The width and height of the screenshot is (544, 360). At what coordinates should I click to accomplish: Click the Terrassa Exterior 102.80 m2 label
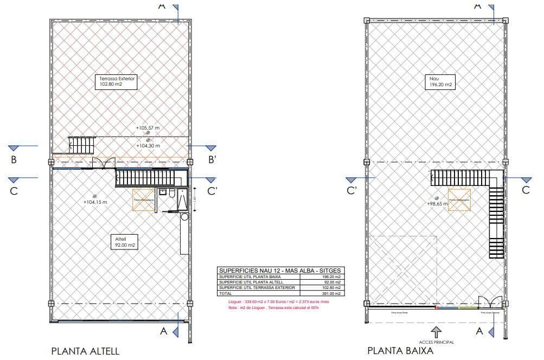[117, 81]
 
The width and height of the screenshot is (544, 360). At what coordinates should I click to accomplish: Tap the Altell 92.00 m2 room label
[124, 241]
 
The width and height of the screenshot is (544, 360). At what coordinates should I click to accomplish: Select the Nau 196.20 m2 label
[439, 81]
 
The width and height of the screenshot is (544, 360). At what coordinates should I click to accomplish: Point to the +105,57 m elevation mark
[148, 128]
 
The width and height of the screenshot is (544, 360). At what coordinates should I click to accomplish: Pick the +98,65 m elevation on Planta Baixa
[438, 204]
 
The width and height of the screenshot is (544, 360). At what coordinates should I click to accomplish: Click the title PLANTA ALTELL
[85, 351]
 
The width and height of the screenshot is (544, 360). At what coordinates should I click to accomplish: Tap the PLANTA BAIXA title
[400, 351]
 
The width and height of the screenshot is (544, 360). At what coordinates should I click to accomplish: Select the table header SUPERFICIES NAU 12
[281, 271]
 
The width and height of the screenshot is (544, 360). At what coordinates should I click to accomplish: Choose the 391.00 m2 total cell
[331, 293]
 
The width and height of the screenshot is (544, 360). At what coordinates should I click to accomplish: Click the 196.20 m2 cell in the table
[331, 277]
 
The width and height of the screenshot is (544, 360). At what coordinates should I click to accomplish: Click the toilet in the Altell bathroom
[172, 194]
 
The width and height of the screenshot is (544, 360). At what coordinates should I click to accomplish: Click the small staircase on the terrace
[81, 145]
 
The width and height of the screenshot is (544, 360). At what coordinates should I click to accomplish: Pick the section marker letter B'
[213, 159]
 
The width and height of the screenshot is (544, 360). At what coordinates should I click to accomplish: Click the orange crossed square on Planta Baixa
[459, 200]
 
